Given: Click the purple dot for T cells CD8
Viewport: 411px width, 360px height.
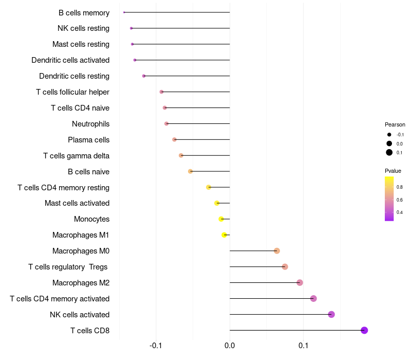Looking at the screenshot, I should click(x=364, y=330).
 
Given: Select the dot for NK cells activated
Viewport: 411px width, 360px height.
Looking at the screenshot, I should click(x=331, y=314).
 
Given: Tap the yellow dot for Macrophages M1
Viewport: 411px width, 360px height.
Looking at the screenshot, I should click(x=224, y=235).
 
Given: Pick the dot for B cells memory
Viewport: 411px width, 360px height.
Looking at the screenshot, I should click(x=124, y=12).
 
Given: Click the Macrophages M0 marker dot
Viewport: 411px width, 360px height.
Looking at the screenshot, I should click(x=277, y=251).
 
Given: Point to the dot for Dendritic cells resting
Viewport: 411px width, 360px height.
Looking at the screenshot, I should click(x=144, y=76).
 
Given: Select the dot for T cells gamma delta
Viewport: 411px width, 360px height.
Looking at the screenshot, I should click(x=181, y=155).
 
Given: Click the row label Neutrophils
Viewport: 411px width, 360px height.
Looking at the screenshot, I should click(x=90, y=124).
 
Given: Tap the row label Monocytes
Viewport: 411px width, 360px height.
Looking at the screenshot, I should click(x=91, y=219).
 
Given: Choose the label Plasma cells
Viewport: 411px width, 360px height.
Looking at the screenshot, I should click(x=88, y=140).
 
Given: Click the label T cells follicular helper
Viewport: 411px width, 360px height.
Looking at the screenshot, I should click(x=72, y=92).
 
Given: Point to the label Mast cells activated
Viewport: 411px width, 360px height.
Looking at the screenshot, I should click(x=77, y=203).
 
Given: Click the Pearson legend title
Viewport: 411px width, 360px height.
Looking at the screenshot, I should click(x=395, y=124).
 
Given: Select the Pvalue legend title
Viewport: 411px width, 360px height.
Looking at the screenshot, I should click(x=393, y=171).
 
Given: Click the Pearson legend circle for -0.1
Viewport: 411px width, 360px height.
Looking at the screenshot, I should click(x=389, y=135).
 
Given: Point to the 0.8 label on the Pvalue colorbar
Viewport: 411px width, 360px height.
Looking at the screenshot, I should click(x=399, y=187).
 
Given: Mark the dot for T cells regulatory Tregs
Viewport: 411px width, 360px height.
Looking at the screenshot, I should click(x=285, y=266).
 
